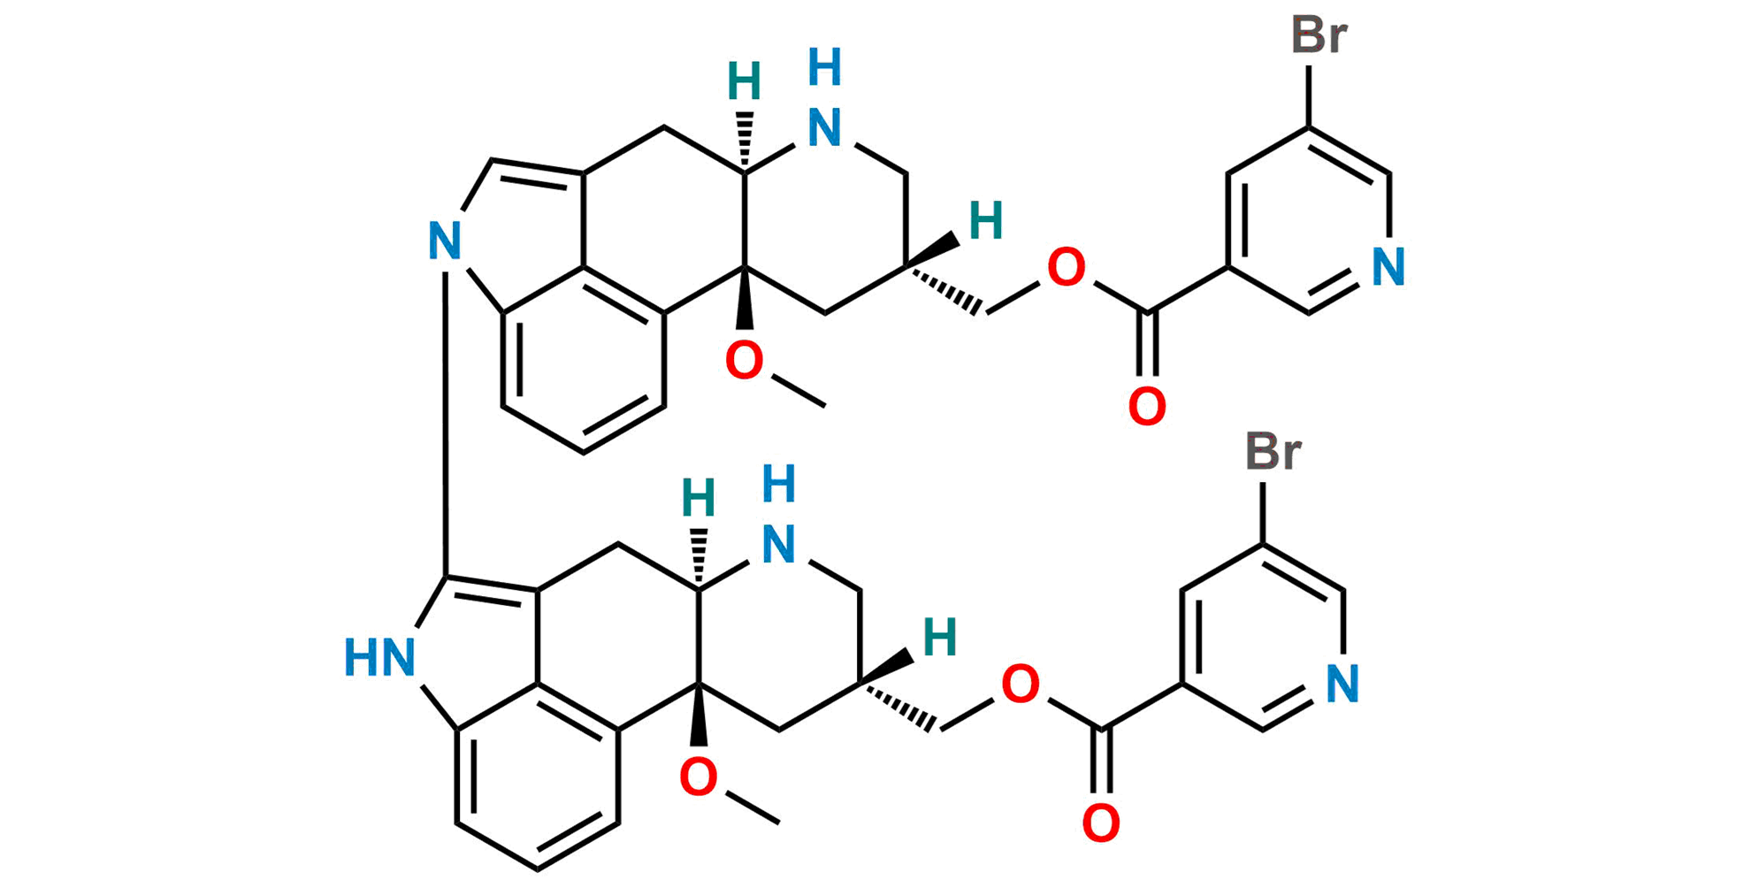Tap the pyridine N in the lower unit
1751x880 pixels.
click(1342, 684)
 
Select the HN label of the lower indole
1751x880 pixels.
click(379, 658)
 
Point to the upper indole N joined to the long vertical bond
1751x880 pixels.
click(445, 241)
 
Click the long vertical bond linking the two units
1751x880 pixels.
click(445, 398)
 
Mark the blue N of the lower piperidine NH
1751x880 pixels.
click(778, 544)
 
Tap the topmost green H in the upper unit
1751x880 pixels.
click(744, 81)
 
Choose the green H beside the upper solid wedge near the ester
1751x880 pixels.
click(987, 220)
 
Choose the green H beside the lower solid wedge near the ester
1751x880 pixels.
click(940, 637)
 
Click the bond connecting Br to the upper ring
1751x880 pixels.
click(1310, 93)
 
